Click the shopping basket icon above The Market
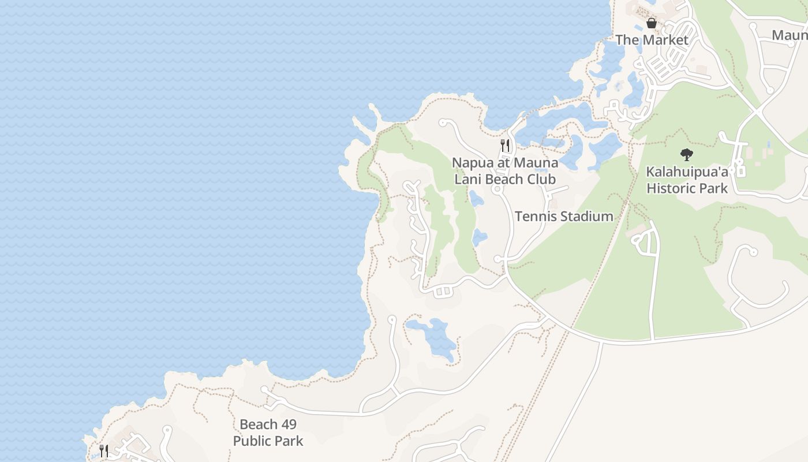pyautogui.click(x=652, y=24)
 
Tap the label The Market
pyautogui.click(x=652, y=40)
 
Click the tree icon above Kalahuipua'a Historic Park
pyautogui.click(x=686, y=155)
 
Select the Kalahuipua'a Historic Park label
pyautogui.click(x=687, y=180)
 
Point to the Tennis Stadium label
pyautogui.click(x=564, y=217)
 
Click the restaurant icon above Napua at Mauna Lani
pyautogui.click(x=505, y=145)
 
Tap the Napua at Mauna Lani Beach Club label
pyautogui.click(x=505, y=171)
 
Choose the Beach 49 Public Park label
pyautogui.click(x=268, y=433)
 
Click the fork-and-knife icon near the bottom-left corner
pyautogui.click(x=104, y=450)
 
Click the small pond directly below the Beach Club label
pyautogui.click(x=476, y=199)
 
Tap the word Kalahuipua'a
pyautogui.click(x=687, y=172)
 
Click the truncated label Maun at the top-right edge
pyautogui.click(x=790, y=35)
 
